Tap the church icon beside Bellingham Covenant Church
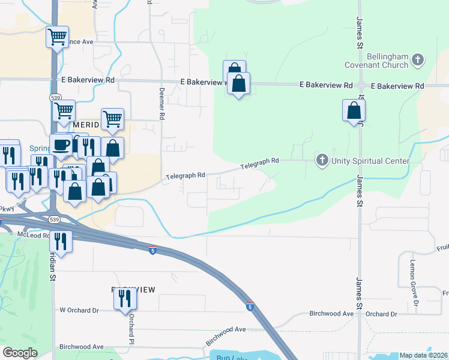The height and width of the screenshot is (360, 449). click(418, 60)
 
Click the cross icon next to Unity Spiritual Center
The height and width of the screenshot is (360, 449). click(322, 160)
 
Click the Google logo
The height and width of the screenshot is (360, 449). click(20, 353)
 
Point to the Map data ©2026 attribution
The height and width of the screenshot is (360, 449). click(423, 355)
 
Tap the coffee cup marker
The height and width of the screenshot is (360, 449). click(61, 144)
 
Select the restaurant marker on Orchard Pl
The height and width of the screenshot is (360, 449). click(124, 298)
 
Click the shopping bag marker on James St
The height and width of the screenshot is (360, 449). click(354, 110)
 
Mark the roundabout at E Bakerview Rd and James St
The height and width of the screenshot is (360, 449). click(361, 86)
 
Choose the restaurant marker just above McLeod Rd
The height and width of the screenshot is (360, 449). click(61, 241)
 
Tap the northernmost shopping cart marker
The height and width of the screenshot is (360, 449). click(58, 37)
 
